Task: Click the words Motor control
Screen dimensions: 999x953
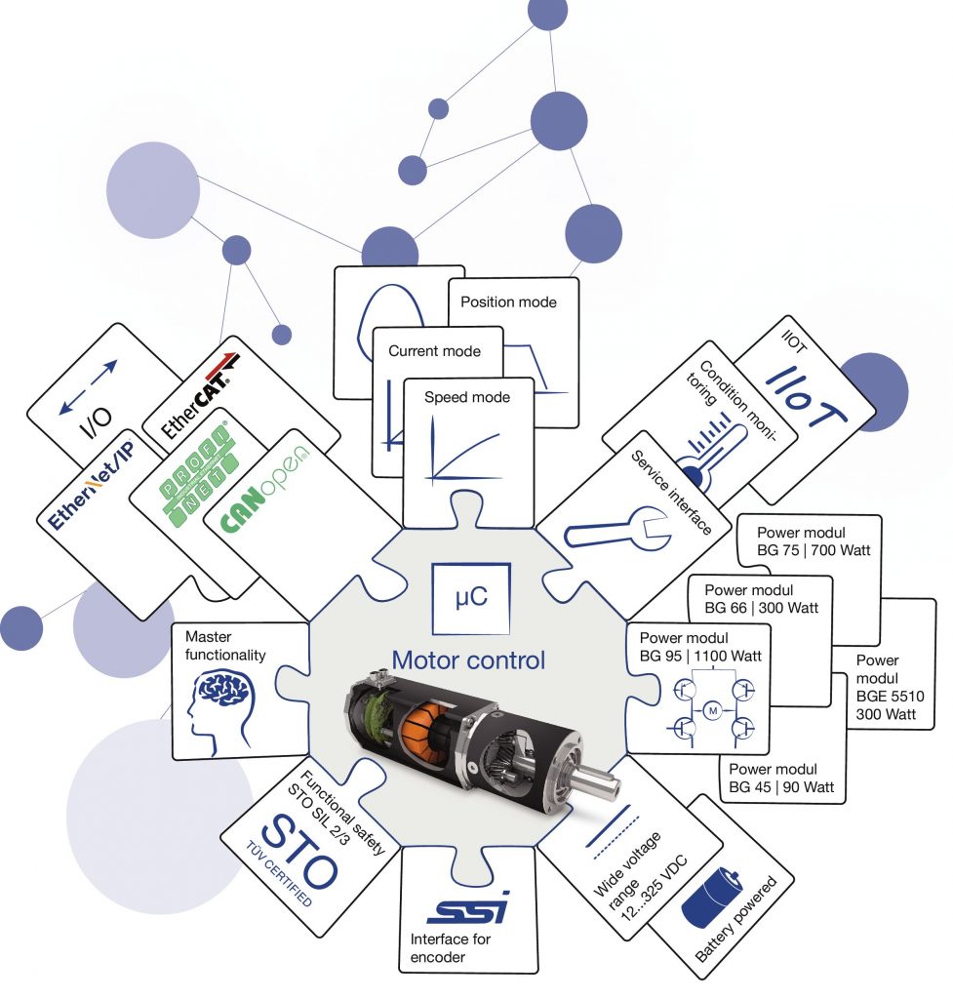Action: [x=468, y=660]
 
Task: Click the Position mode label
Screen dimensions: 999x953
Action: [x=508, y=302]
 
